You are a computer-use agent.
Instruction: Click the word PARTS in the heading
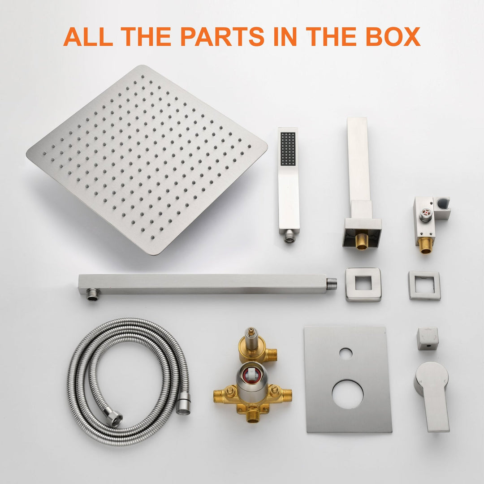pos(223,36)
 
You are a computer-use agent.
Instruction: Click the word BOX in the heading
pos(393,36)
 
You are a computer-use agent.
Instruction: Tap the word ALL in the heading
pos(88,36)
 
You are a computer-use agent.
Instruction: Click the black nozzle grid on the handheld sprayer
pos(288,149)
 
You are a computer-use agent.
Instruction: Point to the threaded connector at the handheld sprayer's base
pos(289,237)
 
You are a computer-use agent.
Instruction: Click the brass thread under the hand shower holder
pos(426,246)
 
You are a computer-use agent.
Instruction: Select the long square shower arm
pos(207,285)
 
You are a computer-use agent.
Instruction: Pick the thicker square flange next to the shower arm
pos(363,284)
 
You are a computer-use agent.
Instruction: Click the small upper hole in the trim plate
pos(346,354)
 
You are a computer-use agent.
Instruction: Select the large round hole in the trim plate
pos(348,395)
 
